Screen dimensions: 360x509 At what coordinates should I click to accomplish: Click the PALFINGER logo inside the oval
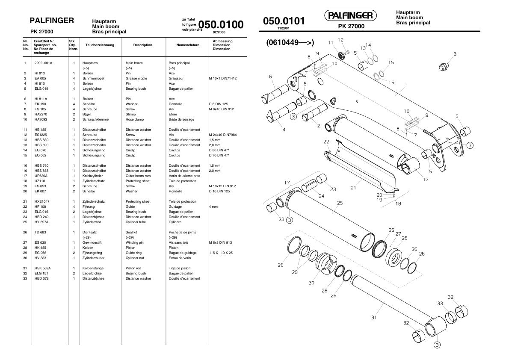350,16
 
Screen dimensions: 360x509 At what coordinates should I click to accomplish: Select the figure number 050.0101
284,21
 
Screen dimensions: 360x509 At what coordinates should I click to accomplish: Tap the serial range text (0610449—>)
290,42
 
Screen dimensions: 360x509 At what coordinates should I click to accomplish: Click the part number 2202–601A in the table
43,63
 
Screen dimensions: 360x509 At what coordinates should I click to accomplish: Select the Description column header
142,45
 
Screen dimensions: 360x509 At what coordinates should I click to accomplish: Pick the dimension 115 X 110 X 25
220,253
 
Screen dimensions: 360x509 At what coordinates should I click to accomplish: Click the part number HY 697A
41,222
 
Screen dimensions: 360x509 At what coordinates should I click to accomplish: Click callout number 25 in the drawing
340,203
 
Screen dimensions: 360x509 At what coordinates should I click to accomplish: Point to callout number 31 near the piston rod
374,317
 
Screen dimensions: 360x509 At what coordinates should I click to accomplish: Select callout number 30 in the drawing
311,283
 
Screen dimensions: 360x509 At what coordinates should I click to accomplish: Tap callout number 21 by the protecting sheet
353,187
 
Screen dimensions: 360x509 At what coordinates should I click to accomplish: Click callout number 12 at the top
340,40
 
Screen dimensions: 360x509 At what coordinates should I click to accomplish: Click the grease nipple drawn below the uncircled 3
443,67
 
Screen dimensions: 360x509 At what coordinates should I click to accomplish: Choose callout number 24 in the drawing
321,196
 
